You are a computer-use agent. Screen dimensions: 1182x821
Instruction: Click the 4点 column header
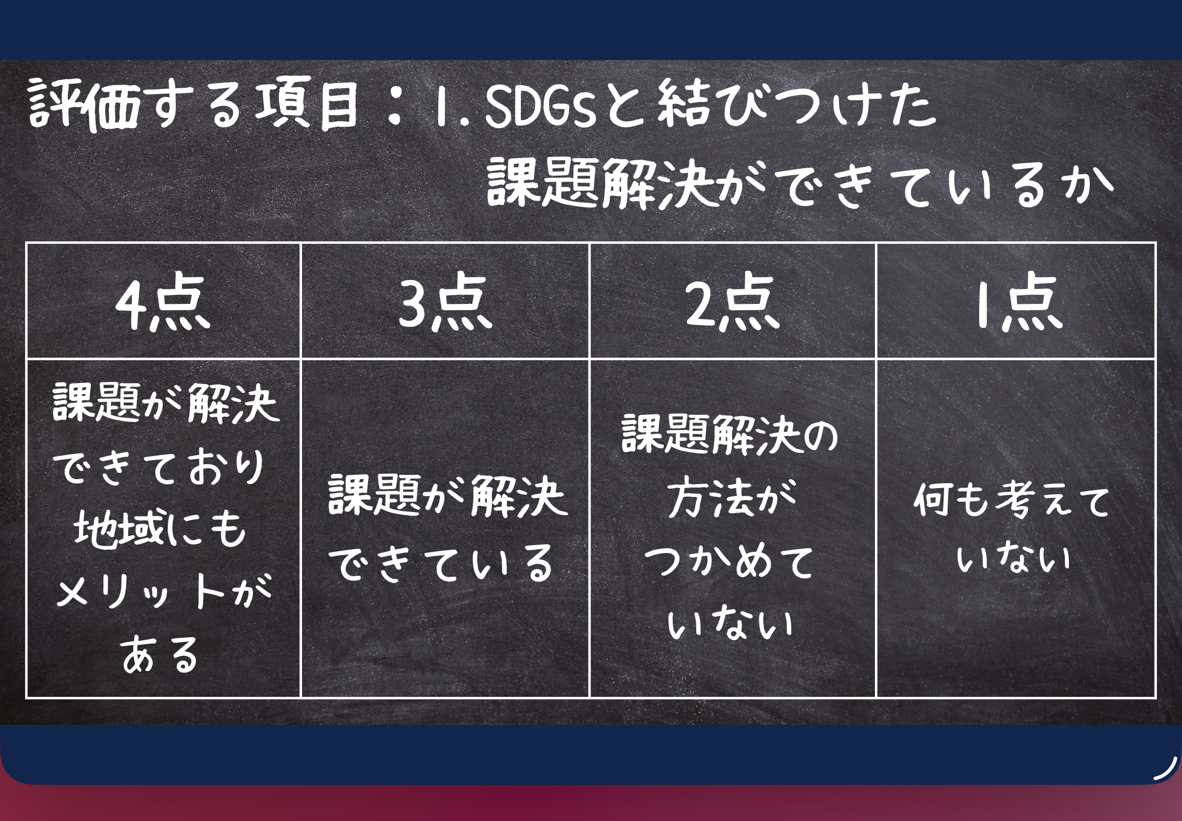[163, 303]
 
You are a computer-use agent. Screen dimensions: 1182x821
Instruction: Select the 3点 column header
[445, 303]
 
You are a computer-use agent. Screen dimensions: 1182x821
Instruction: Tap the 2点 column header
[732, 303]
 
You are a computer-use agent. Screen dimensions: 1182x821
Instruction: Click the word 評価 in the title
[85, 105]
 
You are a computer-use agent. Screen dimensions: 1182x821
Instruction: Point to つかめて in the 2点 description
[729, 562]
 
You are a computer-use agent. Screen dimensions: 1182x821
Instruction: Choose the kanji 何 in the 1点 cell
[934, 499]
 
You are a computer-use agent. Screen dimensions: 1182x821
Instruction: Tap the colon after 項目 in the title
[395, 106]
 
